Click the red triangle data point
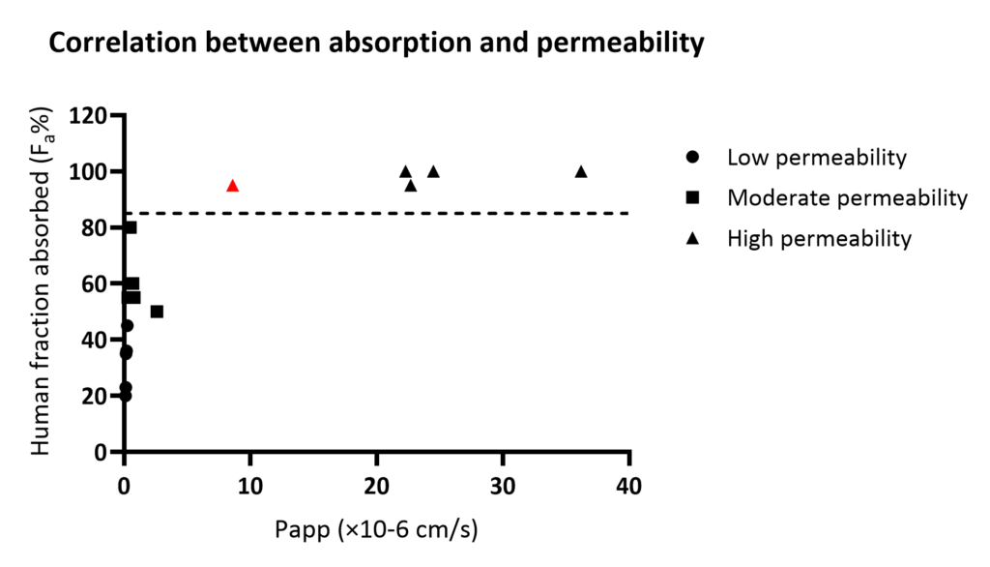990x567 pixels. [x=232, y=186]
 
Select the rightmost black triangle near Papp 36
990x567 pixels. [x=581, y=172]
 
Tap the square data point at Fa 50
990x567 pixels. [x=157, y=312]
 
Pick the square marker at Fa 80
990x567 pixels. [x=131, y=227]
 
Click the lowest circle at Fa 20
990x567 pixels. [x=125, y=395]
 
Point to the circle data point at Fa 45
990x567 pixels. [x=127, y=325]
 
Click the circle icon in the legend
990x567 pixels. [x=691, y=157]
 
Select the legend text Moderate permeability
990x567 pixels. [x=847, y=197]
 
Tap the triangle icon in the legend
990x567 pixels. [x=691, y=238]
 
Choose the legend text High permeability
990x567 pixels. [x=819, y=238]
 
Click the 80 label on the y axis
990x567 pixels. [x=95, y=228]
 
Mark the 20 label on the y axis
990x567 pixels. [x=95, y=396]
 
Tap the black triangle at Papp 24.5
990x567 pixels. [x=433, y=172]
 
